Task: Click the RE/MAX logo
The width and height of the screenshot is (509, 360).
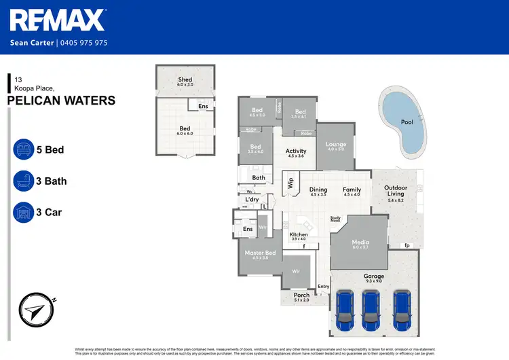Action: pyautogui.click(x=58, y=20)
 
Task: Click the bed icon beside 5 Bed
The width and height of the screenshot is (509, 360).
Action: pyautogui.click(x=23, y=149)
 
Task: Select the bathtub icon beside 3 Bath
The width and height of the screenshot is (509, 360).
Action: pyautogui.click(x=23, y=181)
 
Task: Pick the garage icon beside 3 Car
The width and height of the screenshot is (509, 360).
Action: pyautogui.click(x=23, y=213)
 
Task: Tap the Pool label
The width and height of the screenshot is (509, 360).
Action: pyautogui.click(x=407, y=122)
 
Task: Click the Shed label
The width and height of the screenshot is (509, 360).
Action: pyautogui.click(x=185, y=79)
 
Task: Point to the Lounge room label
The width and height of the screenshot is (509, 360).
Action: pyautogui.click(x=336, y=144)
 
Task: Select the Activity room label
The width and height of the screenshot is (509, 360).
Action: pyautogui.click(x=296, y=151)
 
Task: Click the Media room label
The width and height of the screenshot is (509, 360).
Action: pyautogui.click(x=360, y=242)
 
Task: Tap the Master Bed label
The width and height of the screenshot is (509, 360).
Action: pyautogui.click(x=260, y=253)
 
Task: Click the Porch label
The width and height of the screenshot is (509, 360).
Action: pyautogui.click(x=301, y=295)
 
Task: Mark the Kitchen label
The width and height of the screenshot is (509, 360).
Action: pyautogui.click(x=299, y=234)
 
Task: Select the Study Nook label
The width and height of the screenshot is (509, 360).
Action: pyautogui.click(x=335, y=219)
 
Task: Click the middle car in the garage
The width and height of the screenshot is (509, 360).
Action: pyautogui.click(x=371, y=308)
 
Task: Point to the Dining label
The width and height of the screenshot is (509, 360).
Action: pyautogui.click(x=318, y=190)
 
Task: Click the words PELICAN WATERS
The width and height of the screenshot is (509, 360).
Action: pyautogui.click(x=61, y=101)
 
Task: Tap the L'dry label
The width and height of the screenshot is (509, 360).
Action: pyautogui.click(x=252, y=199)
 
